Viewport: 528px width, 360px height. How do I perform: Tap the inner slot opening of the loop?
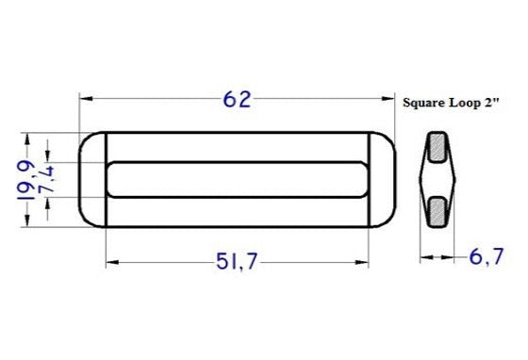(236, 179)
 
